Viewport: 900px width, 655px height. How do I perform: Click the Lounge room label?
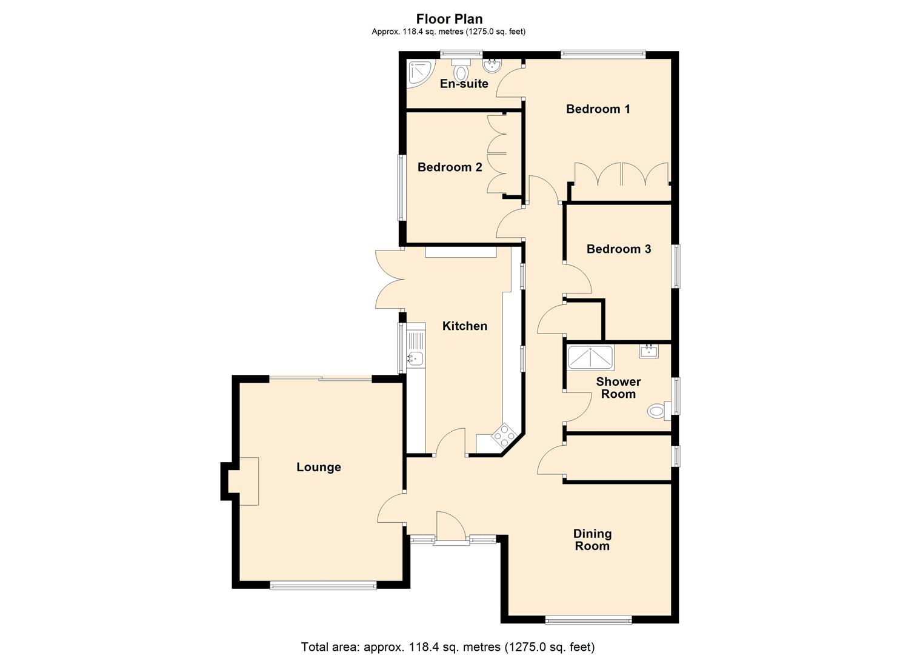318,467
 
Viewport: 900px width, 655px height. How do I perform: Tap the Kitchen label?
464,326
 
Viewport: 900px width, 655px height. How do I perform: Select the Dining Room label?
592,540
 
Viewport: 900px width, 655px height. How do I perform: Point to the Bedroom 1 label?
598,109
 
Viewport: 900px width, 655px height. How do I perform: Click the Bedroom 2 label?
450,167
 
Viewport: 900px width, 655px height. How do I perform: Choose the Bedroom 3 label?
618,249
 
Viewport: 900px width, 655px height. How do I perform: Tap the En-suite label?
464,84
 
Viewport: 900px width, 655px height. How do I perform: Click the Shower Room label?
618,388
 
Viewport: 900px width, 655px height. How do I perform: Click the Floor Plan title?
449,19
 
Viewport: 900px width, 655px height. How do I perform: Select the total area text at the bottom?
448,647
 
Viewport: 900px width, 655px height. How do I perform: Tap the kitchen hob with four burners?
504,435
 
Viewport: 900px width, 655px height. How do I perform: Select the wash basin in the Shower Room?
648,351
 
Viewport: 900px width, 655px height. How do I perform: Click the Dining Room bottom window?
587,620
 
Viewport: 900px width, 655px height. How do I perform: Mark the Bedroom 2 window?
401,188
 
